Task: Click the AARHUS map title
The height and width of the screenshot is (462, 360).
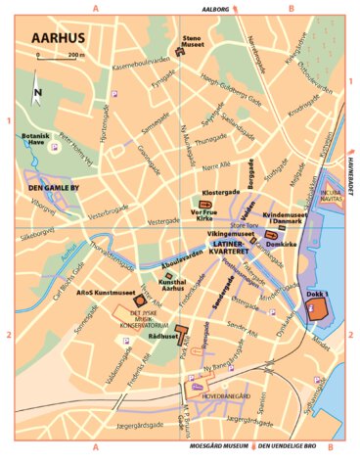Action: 58,39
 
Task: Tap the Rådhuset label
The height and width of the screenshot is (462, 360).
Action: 161,336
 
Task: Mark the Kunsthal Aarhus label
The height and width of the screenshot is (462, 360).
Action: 172,283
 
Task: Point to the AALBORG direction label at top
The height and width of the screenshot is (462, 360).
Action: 213,7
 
